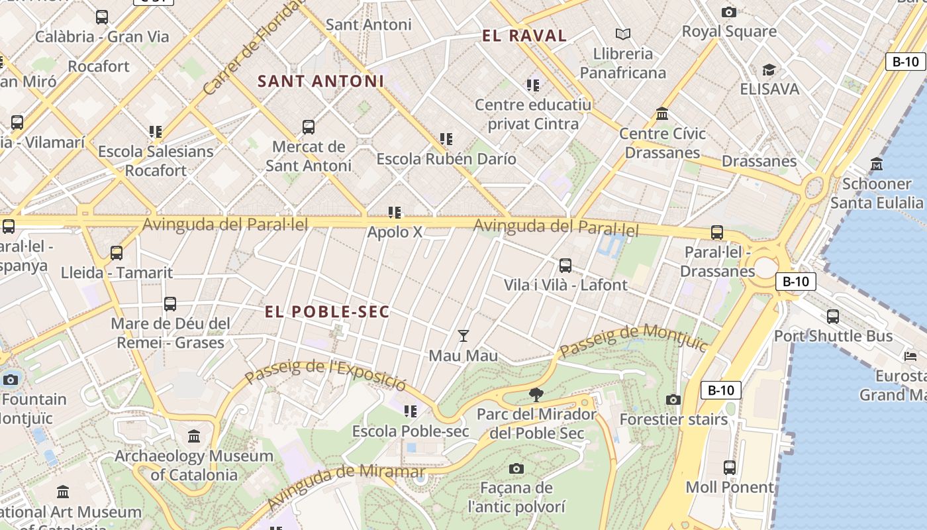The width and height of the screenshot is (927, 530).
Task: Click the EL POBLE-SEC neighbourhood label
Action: click(x=327, y=311)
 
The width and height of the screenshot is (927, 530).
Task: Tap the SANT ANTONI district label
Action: click(x=320, y=81)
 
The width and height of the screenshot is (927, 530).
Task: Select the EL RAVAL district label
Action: click(x=524, y=36)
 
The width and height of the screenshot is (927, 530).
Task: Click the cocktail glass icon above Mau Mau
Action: click(x=463, y=336)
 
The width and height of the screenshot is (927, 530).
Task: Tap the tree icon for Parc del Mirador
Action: click(x=536, y=396)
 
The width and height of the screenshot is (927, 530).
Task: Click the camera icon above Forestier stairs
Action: click(x=673, y=399)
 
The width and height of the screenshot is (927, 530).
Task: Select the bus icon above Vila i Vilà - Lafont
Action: click(x=565, y=266)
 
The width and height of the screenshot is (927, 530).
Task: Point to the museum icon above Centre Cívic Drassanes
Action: click(x=662, y=114)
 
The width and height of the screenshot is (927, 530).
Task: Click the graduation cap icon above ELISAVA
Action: click(x=769, y=70)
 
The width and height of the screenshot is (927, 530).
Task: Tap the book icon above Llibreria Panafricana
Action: click(x=622, y=34)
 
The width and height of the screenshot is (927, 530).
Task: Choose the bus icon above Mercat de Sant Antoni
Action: click(x=308, y=127)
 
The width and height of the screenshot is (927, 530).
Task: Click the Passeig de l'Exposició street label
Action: click(x=324, y=375)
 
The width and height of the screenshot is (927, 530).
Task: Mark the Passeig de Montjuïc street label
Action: click(x=633, y=341)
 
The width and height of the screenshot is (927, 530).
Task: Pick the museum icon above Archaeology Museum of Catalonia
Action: click(x=194, y=437)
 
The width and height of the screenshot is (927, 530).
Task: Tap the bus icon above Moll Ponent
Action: click(x=730, y=468)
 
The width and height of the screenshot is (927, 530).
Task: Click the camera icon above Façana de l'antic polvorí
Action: click(x=516, y=469)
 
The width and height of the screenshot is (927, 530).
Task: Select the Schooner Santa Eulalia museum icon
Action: click(x=877, y=164)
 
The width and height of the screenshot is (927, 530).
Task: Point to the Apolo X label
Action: click(x=395, y=232)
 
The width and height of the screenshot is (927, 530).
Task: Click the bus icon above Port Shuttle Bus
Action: click(x=833, y=317)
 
